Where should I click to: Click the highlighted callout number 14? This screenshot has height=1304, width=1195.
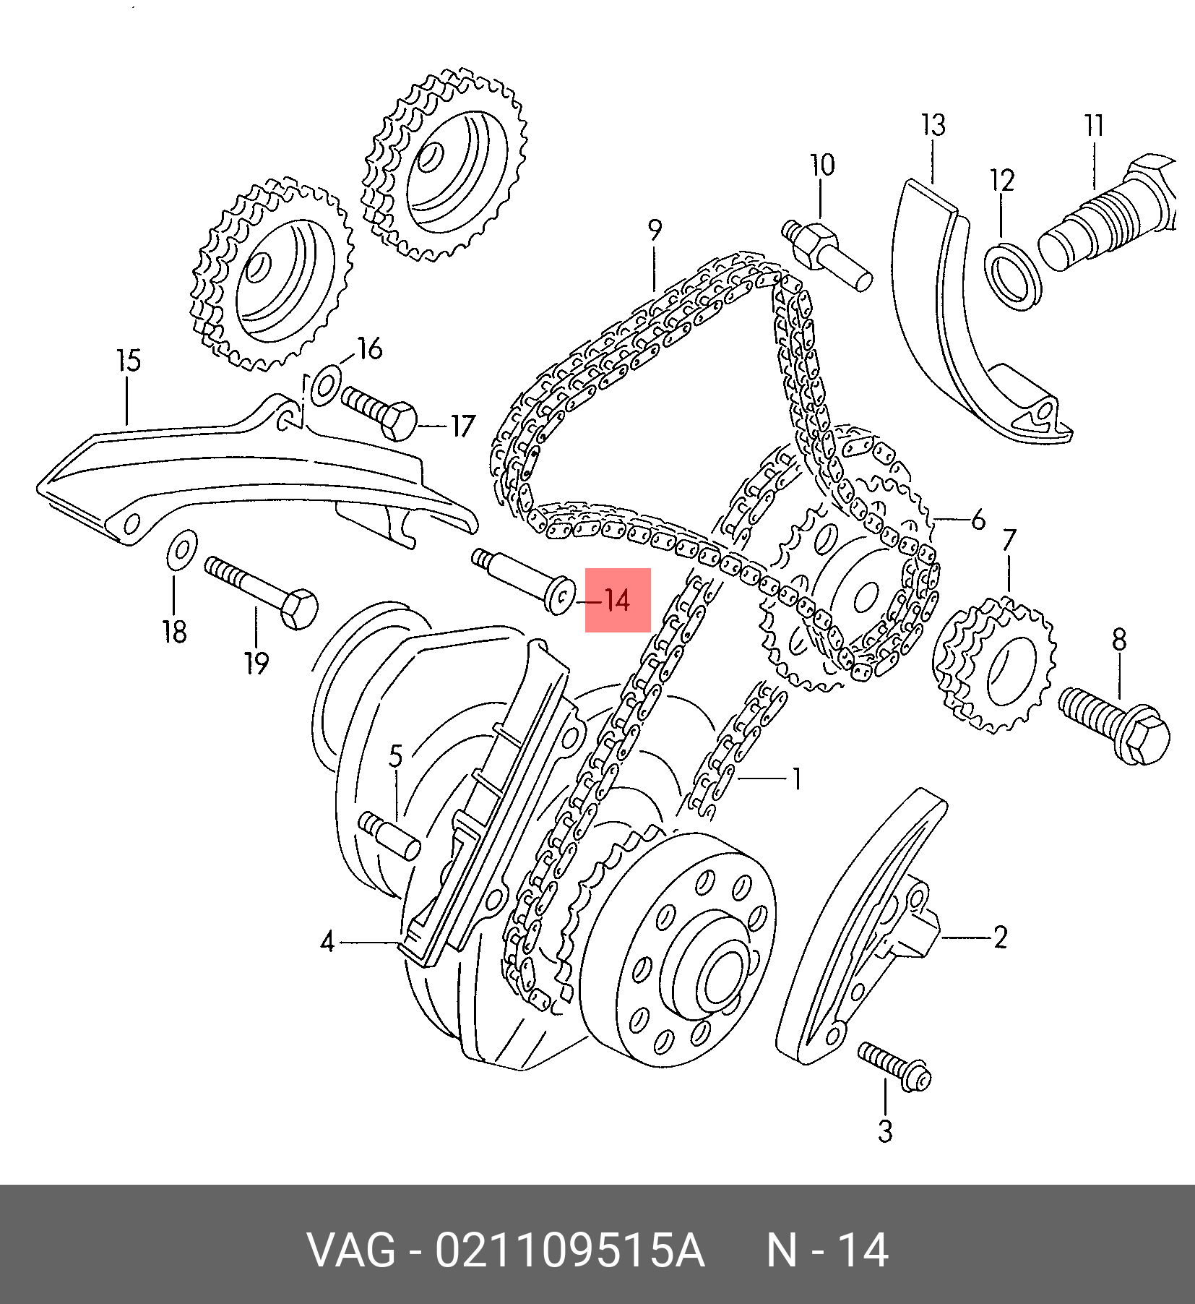pyautogui.click(x=617, y=600)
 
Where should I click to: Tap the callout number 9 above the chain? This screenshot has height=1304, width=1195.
pyautogui.click(x=655, y=230)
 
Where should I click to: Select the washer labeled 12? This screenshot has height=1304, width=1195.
pyautogui.click(x=1013, y=277)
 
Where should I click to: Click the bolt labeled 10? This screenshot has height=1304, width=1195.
pyautogui.click(x=827, y=254)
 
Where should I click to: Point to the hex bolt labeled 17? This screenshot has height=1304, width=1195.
pyautogui.click(x=379, y=413)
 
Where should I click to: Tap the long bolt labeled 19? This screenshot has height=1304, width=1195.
pyautogui.click(x=262, y=593)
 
